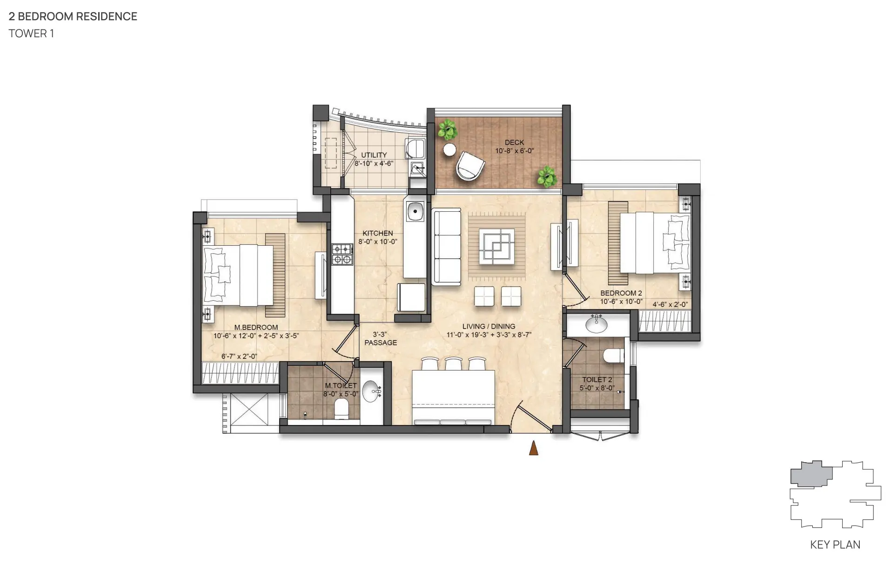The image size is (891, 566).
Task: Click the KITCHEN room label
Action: [x=378, y=233]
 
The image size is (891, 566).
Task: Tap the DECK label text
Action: [x=514, y=142]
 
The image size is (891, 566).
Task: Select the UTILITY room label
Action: [x=374, y=155]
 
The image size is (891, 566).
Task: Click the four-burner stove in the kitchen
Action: [x=342, y=254]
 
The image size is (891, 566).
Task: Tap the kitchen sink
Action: [x=415, y=212]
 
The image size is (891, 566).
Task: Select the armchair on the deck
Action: [x=470, y=166]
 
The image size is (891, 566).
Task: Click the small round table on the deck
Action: [x=449, y=149]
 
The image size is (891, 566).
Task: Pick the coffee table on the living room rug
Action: [x=497, y=246]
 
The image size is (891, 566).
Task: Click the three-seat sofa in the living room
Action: [x=446, y=247]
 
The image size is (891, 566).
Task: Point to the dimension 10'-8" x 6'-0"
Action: [x=514, y=151]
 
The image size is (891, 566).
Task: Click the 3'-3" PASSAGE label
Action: [x=381, y=338]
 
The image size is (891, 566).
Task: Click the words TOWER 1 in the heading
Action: [x=31, y=34]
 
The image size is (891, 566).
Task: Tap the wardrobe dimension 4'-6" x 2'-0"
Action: [x=670, y=304]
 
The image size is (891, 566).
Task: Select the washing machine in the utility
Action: [x=415, y=148]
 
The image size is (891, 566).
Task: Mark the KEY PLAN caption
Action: [x=835, y=545]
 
